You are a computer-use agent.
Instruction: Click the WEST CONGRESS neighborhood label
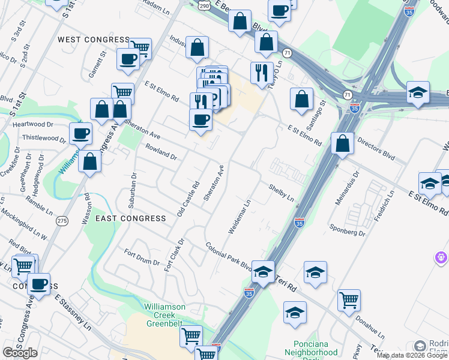(93, 40)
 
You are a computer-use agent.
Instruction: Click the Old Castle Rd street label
(188, 199)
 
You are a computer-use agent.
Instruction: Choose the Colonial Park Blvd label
(229, 257)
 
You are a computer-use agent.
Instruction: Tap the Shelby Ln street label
(281, 193)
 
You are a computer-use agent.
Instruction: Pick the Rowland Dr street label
(160, 152)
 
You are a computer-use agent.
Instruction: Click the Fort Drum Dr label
(142, 257)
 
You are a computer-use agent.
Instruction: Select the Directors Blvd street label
(376, 149)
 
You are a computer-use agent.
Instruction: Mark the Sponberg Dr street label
(348, 230)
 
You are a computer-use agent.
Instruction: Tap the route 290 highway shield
(204, 5)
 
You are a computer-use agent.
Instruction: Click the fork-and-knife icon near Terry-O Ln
(261, 72)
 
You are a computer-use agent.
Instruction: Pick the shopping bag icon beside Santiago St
(301, 98)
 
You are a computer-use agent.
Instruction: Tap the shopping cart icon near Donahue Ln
(349, 299)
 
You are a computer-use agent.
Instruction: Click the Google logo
(20, 353)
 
